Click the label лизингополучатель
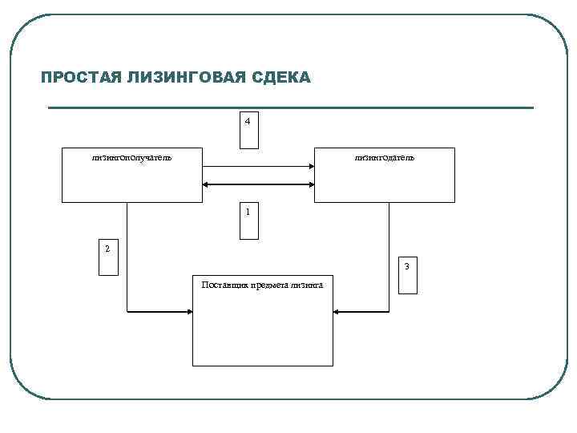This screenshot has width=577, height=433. point(131,158)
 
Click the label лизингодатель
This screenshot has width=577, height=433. point(385,158)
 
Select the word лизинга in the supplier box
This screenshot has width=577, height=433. point(308,285)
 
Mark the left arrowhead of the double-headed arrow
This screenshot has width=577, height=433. point(207,185)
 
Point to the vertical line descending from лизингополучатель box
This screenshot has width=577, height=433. point(127,257)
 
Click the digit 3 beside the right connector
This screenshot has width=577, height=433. point(407,266)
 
